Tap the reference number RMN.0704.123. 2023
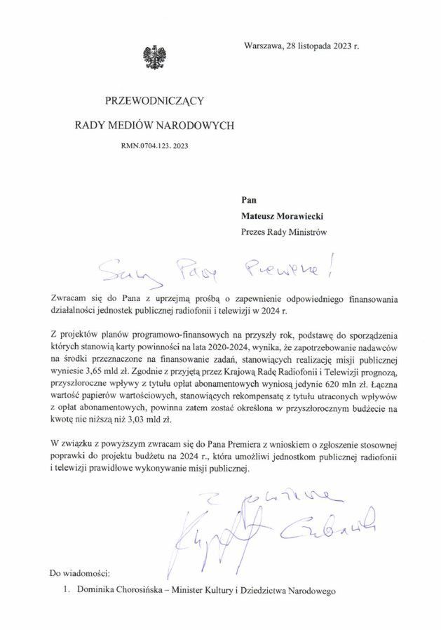pos(154,147)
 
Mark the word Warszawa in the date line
pos(264,46)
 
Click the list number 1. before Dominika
pos(66,591)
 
